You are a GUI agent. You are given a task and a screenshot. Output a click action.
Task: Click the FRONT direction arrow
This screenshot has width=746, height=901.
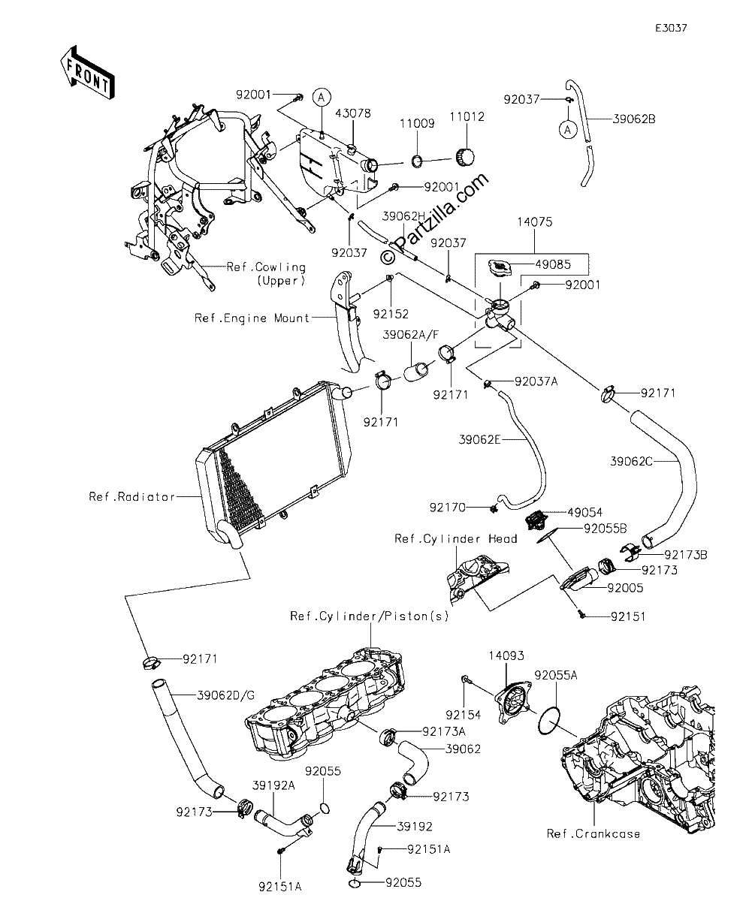pyautogui.click(x=88, y=72)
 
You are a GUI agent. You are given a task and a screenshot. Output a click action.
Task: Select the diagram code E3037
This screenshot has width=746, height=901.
pyautogui.click(x=672, y=28)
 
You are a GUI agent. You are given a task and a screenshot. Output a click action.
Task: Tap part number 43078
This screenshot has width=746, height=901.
pyautogui.click(x=353, y=113)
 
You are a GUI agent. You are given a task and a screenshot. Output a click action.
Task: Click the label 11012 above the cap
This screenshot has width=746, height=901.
pyautogui.click(x=467, y=116)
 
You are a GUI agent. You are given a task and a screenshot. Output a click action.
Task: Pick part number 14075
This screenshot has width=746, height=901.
pyautogui.click(x=534, y=221)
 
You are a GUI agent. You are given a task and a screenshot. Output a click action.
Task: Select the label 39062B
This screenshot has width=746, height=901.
pyautogui.click(x=634, y=119)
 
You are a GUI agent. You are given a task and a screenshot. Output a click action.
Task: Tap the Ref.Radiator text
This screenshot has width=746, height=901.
pyautogui.click(x=131, y=496)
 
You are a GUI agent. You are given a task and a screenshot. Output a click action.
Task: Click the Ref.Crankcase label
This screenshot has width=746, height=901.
pyautogui.click(x=593, y=833)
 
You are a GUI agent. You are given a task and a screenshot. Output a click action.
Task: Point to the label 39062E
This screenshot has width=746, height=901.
pyautogui.click(x=479, y=440)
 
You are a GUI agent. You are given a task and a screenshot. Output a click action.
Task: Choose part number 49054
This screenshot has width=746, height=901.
pyautogui.click(x=585, y=512)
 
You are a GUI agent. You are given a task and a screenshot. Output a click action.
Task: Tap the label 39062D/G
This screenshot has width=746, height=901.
pyautogui.click(x=226, y=695)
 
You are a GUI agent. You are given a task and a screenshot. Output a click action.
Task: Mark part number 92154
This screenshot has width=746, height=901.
pyautogui.click(x=464, y=715)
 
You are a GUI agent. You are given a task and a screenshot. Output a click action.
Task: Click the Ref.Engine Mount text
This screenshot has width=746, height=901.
pyautogui.click(x=252, y=318)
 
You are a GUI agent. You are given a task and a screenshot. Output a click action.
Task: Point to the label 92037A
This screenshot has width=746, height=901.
pyautogui.click(x=536, y=381)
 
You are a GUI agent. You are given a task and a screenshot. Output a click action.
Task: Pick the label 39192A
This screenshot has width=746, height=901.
pyautogui.click(x=273, y=785)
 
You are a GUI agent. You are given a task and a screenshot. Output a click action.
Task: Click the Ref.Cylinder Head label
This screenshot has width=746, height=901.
pyautogui.click(x=456, y=538)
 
